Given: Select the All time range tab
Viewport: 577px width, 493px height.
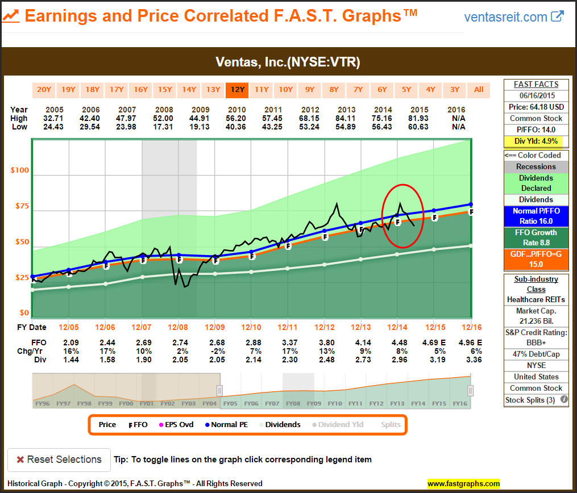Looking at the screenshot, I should pos(479,90).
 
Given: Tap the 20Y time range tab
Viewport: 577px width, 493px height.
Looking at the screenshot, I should pos(44,90).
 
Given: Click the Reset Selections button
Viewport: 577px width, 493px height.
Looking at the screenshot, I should pos(59,459).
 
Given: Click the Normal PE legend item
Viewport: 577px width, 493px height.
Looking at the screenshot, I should pos(227,424).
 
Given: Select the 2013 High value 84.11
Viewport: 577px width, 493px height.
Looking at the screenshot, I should pos(346,118).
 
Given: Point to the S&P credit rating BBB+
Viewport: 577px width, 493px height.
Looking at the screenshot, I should pos(536,342).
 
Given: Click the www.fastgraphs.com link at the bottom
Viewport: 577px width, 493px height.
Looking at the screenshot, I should pos(463,484).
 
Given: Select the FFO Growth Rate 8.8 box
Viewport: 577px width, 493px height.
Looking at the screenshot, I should pos(536,237).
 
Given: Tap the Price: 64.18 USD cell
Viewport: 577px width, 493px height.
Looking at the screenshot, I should pos(536,107).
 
